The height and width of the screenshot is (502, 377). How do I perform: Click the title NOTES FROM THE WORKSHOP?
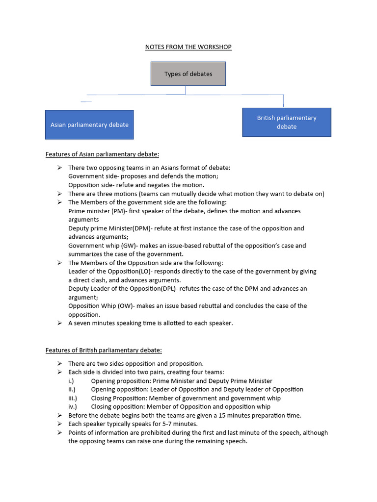(x=188, y=47)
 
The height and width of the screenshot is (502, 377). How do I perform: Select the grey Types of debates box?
(x=188, y=74)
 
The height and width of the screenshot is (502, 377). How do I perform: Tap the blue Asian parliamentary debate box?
(x=89, y=125)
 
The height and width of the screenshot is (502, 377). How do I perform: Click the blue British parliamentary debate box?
(x=287, y=122)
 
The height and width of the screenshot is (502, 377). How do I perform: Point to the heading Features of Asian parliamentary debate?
(x=102, y=154)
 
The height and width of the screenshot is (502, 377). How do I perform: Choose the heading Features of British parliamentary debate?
(x=104, y=350)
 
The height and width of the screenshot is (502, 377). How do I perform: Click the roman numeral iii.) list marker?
(x=73, y=398)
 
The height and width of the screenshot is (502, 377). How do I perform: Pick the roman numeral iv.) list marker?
(x=73, y=406)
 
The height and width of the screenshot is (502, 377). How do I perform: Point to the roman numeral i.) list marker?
(x=71, y=381)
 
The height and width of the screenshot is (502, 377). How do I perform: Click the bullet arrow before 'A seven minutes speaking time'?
(x=59, y=323)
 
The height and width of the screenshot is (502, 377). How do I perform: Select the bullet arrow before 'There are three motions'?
(x=59, y=194)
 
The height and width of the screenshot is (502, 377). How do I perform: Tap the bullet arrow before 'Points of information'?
(x=59, y=432)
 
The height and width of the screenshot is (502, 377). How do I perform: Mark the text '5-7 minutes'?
(x=181, y=424)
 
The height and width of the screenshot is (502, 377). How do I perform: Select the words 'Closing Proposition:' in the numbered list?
(x=119, y=398)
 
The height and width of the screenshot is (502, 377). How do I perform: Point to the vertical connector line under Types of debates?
(x=186, y=90)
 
